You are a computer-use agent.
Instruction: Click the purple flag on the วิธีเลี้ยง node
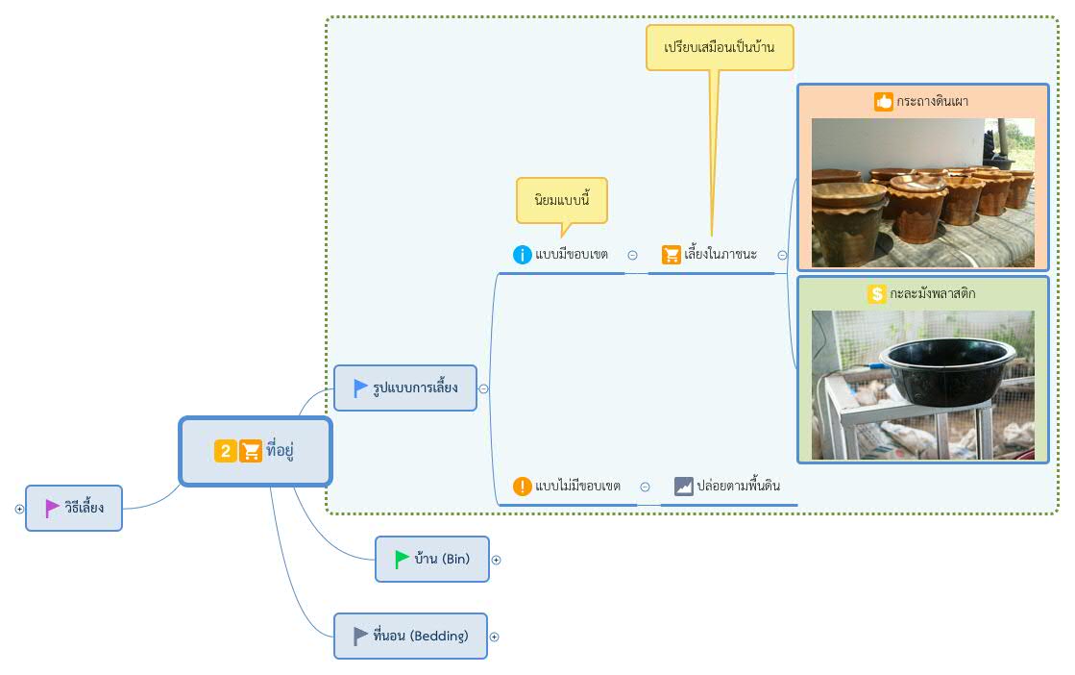pyautogui.click(x=52, y=509)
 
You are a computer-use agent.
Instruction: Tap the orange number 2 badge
pyautogui.click(x=226, y=451)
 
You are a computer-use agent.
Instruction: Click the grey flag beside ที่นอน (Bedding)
pyautogui.click(x=360, y=636)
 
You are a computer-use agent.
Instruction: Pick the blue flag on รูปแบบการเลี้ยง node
pyautogui.click(x=360, y=388)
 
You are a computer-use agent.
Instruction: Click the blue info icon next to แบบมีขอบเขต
pyautogui.click(x=523, y=255)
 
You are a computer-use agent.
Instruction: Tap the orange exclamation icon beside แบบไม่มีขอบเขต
pyautogui.click(x=523, y=487)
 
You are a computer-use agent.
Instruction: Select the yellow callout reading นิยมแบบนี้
pyautogui.click(x=562, y=201)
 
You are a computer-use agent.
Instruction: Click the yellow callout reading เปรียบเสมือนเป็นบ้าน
pyautogui.click(x=720, y=47)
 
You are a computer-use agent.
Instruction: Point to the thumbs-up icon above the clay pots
pyautogui.click(x=884, y=102)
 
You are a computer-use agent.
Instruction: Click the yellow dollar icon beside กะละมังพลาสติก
pyautogui.click(x=877, y=293)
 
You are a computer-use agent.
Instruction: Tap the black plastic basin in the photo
pyautogui.click(x=947, y=370)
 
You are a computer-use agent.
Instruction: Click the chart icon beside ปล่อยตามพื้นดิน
pyautogui.click(x=684, y=487)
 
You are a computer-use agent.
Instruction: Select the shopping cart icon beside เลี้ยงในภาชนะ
pyautogui.click(x=672, y=255)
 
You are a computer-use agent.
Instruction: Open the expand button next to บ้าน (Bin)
pyautogui.click(x=497, y=560)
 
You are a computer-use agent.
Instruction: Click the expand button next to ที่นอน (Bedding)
pyautogui.click(x=495, y=637)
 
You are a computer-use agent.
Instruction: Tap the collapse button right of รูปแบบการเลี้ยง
pyautogui.click(x=484, y=389)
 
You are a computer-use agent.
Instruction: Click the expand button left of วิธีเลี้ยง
pyautogui.click(x=19, y=509)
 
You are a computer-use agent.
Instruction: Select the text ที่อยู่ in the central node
pyautogui.click(x=280, y=450)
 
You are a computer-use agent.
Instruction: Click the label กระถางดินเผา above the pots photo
pyautogui.click(x=933, y=102)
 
